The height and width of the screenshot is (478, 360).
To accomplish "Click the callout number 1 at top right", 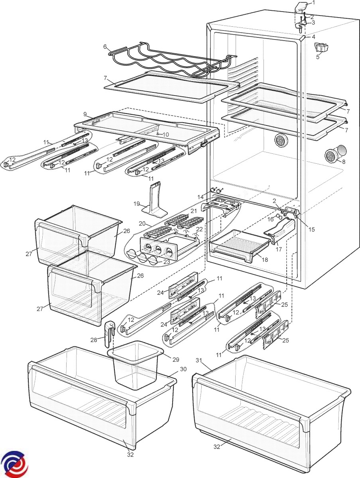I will click(313, 3).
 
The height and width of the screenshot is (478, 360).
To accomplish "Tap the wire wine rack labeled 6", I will click(167, 60).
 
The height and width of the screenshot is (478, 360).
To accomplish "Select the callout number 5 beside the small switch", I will click(318, 57).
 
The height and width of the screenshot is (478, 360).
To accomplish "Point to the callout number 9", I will click(85, 114).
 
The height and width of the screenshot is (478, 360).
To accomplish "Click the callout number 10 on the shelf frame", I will click(165, 135).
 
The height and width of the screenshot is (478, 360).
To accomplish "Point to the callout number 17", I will click(278, 250).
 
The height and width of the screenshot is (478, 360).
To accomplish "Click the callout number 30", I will click(183, 369).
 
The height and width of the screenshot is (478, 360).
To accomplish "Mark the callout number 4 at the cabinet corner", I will click(313, 37).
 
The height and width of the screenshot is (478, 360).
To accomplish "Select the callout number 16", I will click(270, 219).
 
